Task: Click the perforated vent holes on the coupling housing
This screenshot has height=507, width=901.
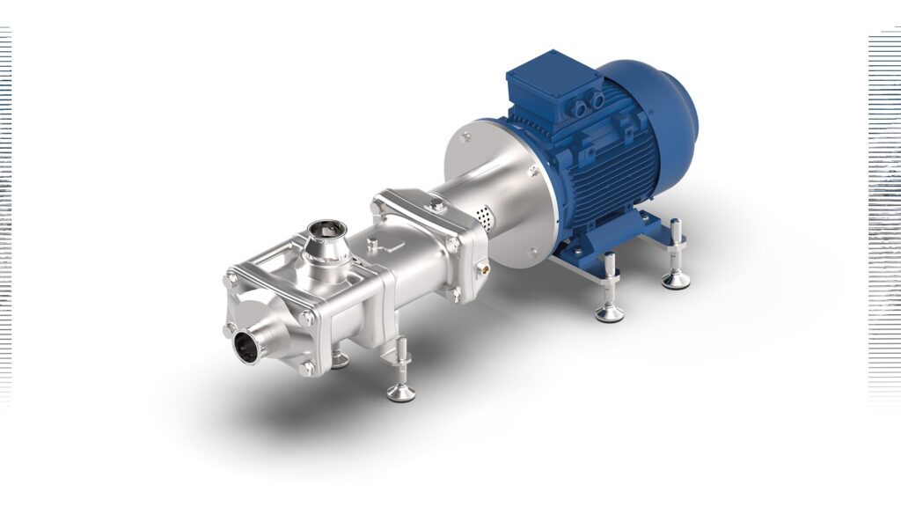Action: tap(482, 214)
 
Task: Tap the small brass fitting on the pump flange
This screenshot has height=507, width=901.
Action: tap(481, 263)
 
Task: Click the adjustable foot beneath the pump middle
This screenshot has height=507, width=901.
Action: tap(400, 378)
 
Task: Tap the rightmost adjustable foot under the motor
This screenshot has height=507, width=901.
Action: tap(676, 264)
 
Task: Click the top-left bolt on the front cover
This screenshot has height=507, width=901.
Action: tap(231, 280)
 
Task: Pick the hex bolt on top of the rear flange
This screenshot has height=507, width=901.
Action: tap(436, 205)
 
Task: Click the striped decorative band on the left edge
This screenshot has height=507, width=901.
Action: tap(5, 220)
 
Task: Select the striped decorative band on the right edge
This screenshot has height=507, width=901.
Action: tap(884, 220)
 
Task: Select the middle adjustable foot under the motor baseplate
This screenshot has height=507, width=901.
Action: tap(609, 295)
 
